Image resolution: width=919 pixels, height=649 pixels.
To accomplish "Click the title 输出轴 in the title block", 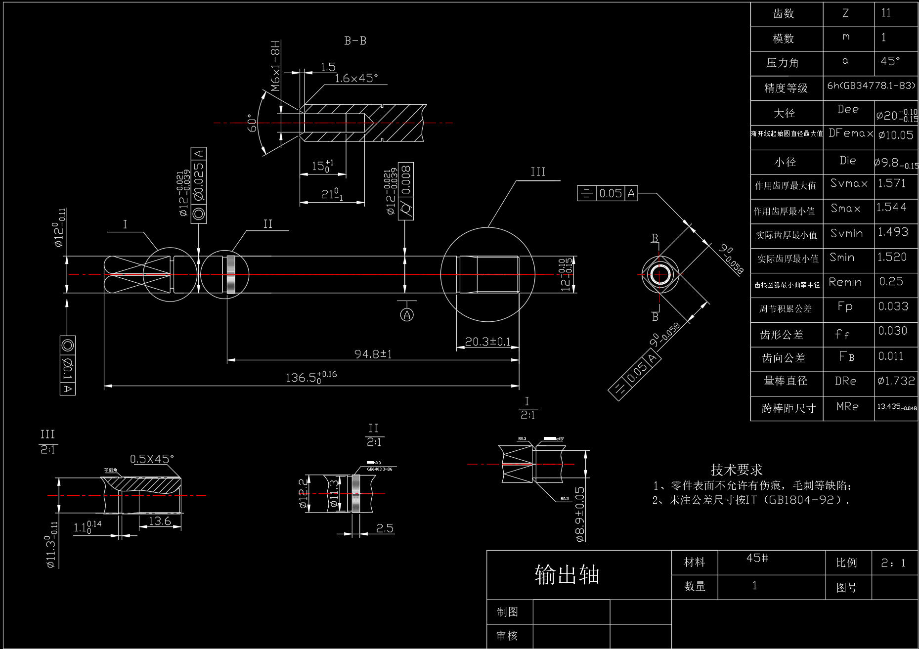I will pyautogui.click(x=567, y=575).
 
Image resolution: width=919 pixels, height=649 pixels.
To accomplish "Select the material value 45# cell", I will pyautogui.click(x=757, y=559).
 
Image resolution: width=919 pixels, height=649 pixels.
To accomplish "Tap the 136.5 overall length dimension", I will pyautogui.click(x=310, y=378).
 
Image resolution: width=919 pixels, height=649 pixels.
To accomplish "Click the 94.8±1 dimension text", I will pyautogui.click(x=373, y=354).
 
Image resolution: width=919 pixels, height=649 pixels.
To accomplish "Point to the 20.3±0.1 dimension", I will pyautogui.click(x=487, y=342).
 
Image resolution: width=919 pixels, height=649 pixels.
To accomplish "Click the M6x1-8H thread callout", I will pyautogui.click(x=276, y=66).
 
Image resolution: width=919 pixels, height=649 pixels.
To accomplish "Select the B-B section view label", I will pyautogui.click(x=355, y=41).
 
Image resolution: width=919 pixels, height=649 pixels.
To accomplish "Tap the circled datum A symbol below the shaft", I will pyautogui.click(x=407, y=314).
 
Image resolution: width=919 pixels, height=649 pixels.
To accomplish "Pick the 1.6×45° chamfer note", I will pyautogui.click(x=356, y=78).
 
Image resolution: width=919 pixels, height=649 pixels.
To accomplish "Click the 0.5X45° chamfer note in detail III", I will pyautogui.click(x=152, y=459).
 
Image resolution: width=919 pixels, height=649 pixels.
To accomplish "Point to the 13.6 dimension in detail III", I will pyautogui.click(x=160, y=520).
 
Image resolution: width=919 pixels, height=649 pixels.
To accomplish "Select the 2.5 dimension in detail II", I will pyautogui.click(x=385, y=528).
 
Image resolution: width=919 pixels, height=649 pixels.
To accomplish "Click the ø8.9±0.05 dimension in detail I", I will pyautogui.click(x=580, y=514).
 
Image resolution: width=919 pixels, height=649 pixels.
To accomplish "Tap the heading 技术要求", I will pyautogui.click(x=736, y=470).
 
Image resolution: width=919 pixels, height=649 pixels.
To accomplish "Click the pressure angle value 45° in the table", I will pyautogui.click(x=890, y=61).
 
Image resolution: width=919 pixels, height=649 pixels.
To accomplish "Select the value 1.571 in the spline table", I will pyautogui.click(x=891, y=183).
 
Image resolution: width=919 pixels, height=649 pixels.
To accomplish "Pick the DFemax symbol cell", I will pyautogui.click(x=850, y=133).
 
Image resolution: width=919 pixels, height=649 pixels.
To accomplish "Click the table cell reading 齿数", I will pyautogui.click(x=784, y=14).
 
